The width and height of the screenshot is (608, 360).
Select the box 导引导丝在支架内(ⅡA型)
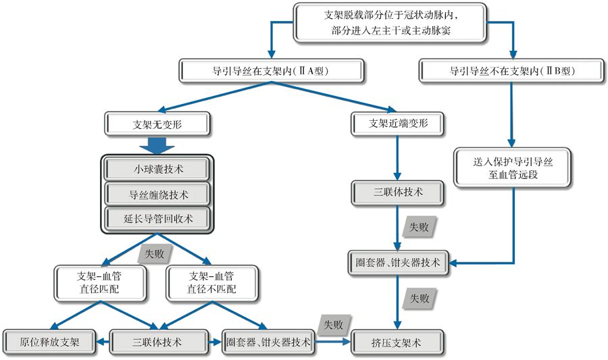point(272,70)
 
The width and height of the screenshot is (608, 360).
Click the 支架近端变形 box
point(398,124)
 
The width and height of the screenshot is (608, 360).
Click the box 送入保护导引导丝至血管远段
point(513,168)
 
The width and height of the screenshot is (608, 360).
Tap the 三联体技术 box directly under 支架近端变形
point(398,192)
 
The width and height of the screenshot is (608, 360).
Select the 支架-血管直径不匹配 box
point(212,282)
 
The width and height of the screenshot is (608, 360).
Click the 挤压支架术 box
point(398,342)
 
